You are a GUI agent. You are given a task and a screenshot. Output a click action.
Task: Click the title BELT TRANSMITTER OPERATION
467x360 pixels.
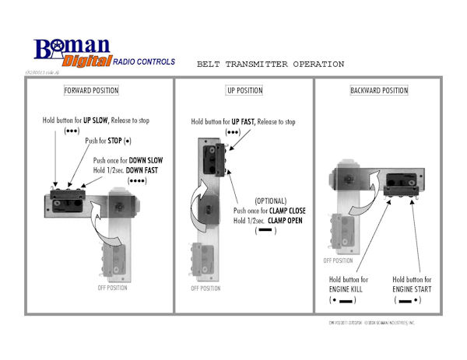[x=270, y=64]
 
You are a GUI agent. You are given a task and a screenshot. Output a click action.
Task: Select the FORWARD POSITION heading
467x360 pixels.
[x=92, y=90]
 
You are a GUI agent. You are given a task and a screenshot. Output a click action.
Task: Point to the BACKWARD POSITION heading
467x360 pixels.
[x=379, y=90]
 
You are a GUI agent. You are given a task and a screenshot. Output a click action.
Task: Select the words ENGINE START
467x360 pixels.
[x=413, y=288]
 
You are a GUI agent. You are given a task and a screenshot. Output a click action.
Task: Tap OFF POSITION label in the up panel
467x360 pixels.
[x=206, y=287]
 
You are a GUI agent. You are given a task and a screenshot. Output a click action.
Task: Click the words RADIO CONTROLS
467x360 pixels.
[x=144, y=61]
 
